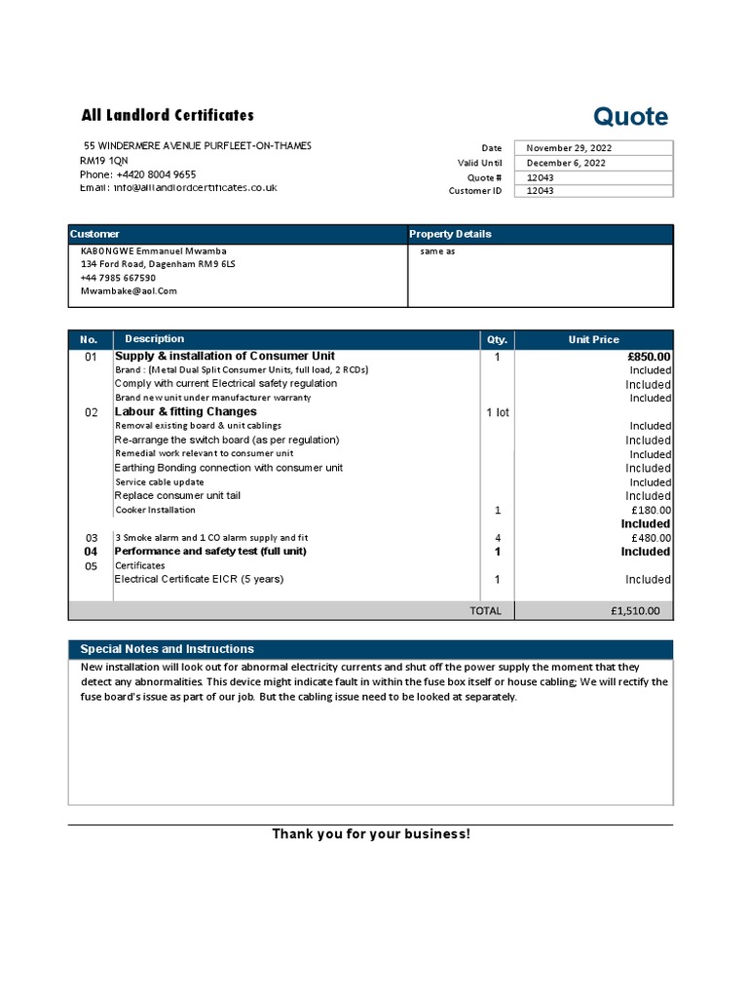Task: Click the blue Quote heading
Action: [631, 117]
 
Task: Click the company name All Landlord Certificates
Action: [168, 115]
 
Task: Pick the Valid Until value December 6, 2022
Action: [566, 163]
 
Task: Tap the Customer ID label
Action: [475, 191]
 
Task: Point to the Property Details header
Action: [450, 234]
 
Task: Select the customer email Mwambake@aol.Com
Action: [129, 290]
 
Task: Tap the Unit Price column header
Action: [593, 340]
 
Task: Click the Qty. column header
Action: [497, 340]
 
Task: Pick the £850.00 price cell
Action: [649, 357]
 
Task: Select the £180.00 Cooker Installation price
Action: [651, 510]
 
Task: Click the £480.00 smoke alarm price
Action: [651, 538]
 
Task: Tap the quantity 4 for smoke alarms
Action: [497, 538]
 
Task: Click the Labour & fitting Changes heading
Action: [186, 412]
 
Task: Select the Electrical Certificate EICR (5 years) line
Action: [200, 579]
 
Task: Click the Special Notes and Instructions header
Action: [167, 649]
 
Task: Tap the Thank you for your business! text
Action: [370, 834]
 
